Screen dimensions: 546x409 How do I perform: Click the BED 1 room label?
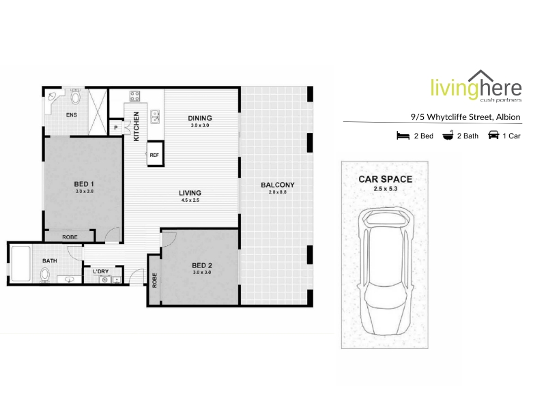point(84,184)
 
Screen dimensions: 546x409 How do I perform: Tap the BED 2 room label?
point(202,265)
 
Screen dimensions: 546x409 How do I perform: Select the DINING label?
point(200,118)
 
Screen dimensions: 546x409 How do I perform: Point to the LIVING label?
point(190,193)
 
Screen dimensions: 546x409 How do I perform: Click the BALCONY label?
point(278,185)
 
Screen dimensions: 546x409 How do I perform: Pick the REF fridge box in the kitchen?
point(155,154)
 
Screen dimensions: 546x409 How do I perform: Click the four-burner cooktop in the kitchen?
point(134,96)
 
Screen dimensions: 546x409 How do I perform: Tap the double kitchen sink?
point(155,117)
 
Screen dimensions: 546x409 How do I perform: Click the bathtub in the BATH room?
point(20,264)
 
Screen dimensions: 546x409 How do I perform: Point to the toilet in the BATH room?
point(44,275)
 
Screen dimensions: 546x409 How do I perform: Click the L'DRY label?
point(100,271)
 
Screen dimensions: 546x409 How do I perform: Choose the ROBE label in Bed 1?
point(70,237)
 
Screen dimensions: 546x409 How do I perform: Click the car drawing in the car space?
point(385,271)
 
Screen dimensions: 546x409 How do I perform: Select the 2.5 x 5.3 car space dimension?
point(386,189)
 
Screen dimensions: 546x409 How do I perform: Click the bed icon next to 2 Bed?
point(403,135)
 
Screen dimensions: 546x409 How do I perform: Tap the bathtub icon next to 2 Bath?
point(448,135)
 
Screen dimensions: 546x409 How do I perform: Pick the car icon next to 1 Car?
point(493,135)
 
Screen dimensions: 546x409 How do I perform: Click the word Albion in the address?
point(508,117)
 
